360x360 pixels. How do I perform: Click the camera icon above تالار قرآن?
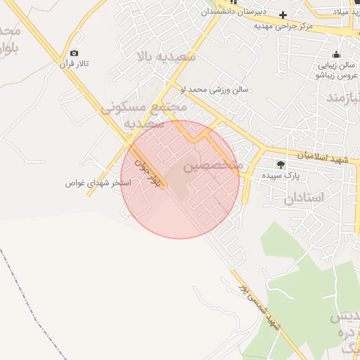coord(74,53)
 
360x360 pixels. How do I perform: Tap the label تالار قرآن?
coord(75,64)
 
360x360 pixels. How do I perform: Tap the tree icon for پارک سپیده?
coord(281,164)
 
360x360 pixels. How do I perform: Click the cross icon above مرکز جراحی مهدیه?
coord(283,15)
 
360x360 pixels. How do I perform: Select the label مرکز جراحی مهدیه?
coord(283,26)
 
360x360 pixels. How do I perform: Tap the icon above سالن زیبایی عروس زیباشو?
coord(336,55)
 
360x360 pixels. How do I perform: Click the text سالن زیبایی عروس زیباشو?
coord(335,70)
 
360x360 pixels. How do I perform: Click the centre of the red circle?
coord(180,179)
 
